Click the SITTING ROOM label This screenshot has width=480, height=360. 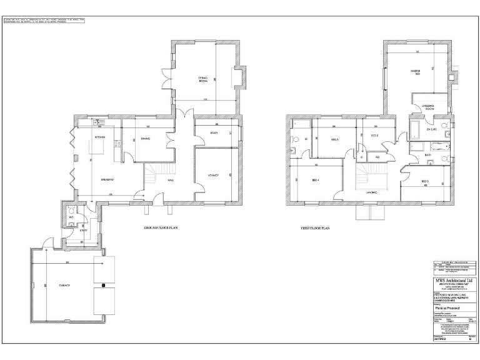203,80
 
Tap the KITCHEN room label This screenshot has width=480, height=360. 99,137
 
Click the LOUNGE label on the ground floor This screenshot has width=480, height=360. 213,176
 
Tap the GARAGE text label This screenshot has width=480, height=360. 64,284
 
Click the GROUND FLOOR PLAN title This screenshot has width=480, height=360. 161,228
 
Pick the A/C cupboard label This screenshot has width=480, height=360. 377,157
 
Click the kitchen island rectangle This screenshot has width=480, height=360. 99,147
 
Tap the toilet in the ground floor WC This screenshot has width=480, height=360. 72,209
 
